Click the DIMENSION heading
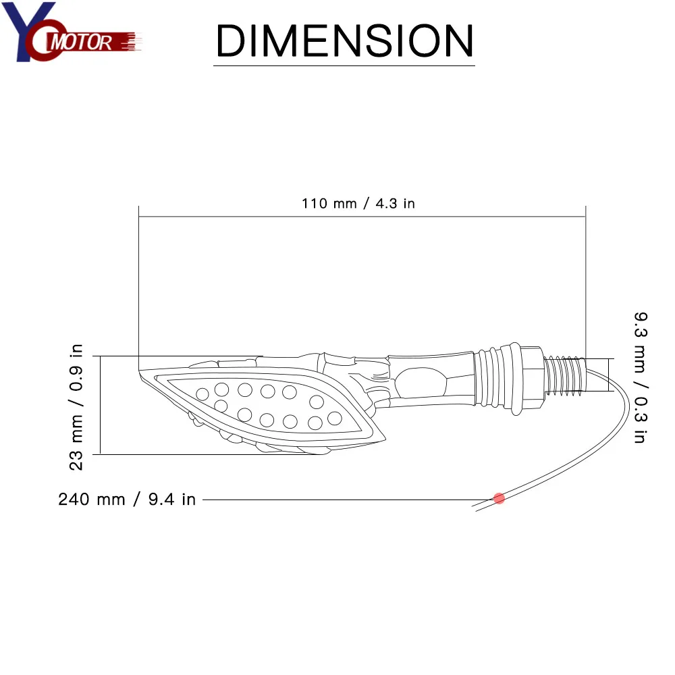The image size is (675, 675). coord(344,40)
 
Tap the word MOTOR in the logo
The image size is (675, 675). coord(82,42)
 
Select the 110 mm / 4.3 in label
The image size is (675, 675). coord(358,203)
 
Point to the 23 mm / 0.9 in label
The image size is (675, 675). coord(76,407)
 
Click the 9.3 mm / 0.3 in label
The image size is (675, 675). coord(641,377)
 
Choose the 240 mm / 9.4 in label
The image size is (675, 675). coord(127,500)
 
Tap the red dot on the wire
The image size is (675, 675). coord(499,499)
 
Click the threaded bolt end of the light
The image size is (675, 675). coord(565,375)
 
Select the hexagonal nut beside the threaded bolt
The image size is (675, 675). coord(532,377)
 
